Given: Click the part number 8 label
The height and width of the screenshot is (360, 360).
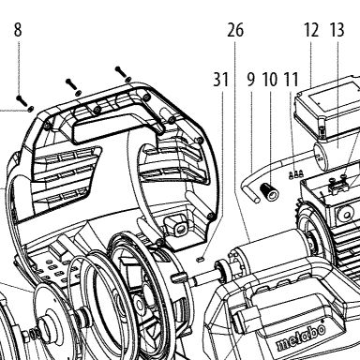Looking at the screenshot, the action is point(18,30).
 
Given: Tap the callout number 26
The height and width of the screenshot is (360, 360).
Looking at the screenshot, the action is point(235,30).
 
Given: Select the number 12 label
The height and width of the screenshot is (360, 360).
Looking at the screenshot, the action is point(311,30).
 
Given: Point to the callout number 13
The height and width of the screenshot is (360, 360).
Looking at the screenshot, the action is point(337,30).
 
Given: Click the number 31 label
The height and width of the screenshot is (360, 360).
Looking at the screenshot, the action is point(221,80).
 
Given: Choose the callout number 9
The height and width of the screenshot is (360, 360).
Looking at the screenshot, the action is point(251,80).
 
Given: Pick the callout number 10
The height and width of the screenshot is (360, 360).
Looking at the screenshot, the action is point(270,80).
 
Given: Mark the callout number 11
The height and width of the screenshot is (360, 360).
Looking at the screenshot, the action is point(291,80).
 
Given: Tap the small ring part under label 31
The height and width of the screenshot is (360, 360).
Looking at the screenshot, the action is point(201,259).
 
